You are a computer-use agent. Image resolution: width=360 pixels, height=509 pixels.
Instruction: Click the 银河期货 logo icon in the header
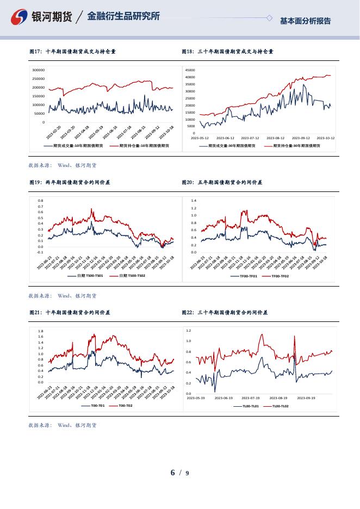(x=20, y=17)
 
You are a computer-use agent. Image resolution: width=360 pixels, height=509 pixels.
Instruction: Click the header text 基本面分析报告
(x=305, y=21)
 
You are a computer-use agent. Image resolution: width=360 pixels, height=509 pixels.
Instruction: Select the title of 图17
(x=72, y=52)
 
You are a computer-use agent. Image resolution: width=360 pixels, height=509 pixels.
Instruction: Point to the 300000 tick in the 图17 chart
(x=38, y=70)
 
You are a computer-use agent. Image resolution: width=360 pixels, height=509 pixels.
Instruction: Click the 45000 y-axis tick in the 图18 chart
(x=190, y=70)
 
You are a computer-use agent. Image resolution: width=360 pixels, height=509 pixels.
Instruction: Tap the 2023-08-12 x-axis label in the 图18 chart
(x=275, y=138)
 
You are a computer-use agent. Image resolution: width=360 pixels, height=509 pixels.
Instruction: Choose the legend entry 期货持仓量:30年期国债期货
(x=296, y=146)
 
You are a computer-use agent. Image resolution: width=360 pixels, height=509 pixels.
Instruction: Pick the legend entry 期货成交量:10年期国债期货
(x=78, y=146)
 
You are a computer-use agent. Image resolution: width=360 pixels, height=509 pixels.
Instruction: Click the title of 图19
(x=70, y=183)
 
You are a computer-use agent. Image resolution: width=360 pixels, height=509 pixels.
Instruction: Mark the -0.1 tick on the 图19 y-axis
(x=40, y=252)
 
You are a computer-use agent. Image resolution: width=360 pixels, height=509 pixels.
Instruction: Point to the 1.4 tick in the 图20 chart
(x=193, y=201)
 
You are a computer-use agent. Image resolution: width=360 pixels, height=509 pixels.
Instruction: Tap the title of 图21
(x=70, y=313)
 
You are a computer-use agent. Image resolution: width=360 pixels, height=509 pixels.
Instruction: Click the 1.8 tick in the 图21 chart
(x=40, y=331)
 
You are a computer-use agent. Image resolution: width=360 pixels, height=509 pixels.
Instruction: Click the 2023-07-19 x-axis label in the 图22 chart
(x=251, y=398)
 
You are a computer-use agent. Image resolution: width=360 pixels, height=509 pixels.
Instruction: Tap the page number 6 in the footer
(x=173, y=473)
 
